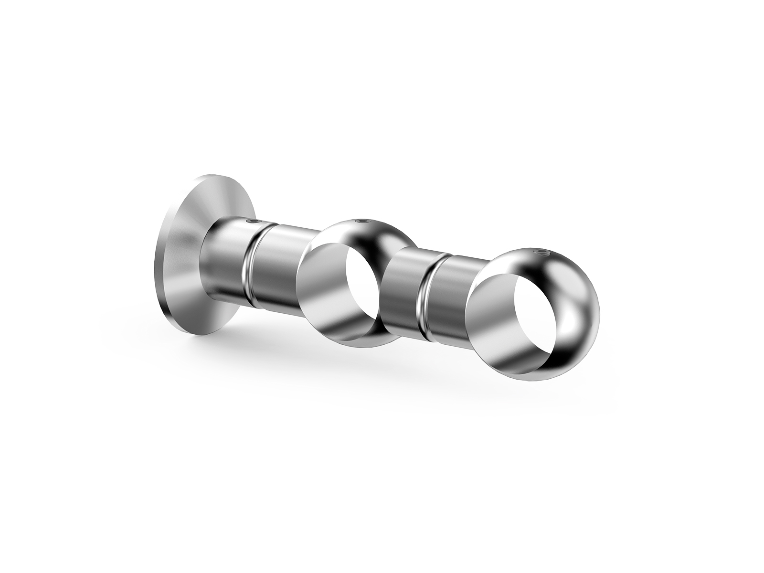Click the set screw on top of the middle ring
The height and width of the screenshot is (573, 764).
(x=362, y=221)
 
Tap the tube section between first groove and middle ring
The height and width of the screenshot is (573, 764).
(x=282, y=267)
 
